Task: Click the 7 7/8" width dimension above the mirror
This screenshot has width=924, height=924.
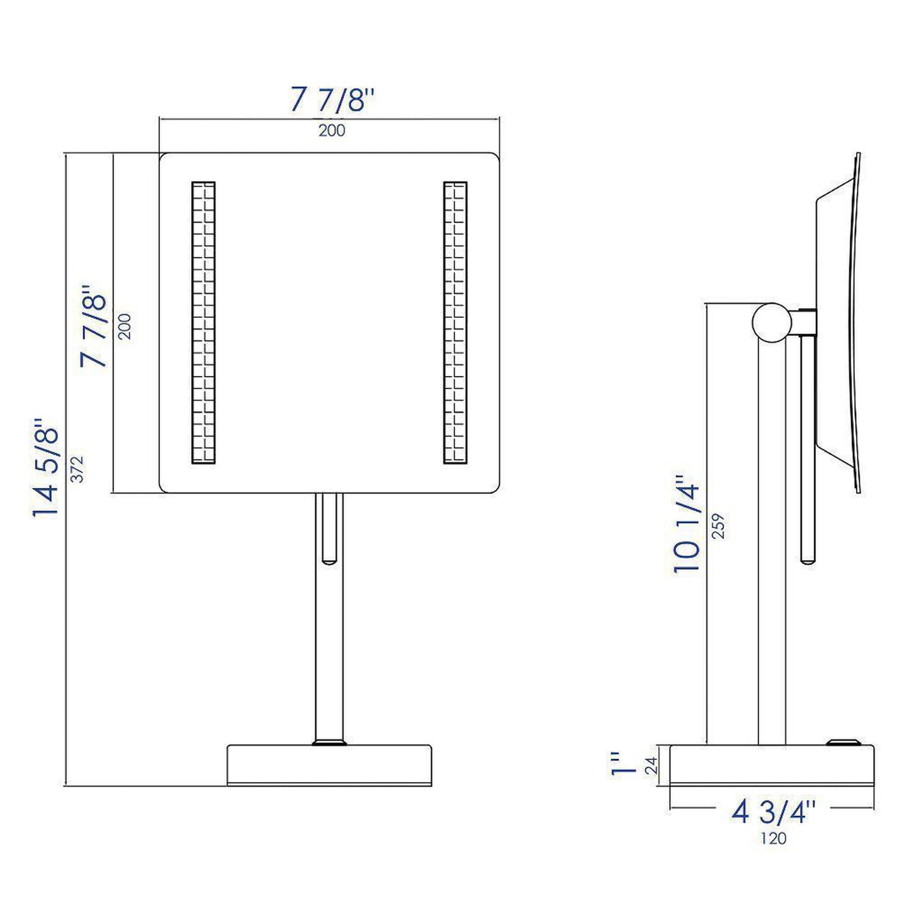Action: pos(332,100)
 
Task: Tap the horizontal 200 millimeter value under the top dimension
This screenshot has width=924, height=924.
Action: pos(332,130)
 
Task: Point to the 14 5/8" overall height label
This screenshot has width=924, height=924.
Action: pos(47,468)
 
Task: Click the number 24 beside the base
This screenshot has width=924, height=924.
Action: pos(651,765)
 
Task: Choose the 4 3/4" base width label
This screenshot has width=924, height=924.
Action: pos(774,812)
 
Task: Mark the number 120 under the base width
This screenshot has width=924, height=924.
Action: pos(773,838)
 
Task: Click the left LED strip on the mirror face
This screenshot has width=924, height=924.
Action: pos(203,323)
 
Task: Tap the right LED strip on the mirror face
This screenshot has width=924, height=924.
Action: pos(455,323)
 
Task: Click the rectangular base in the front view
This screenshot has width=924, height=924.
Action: pos(329,765)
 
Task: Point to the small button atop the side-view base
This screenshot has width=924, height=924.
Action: pos(842,742)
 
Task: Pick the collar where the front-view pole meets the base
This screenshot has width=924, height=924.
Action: pos(329,742)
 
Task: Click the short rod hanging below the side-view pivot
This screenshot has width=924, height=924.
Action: pos(808,448)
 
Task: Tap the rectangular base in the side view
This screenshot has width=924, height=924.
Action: pos(772,765)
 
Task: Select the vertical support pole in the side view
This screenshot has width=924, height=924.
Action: pos(772,544)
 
